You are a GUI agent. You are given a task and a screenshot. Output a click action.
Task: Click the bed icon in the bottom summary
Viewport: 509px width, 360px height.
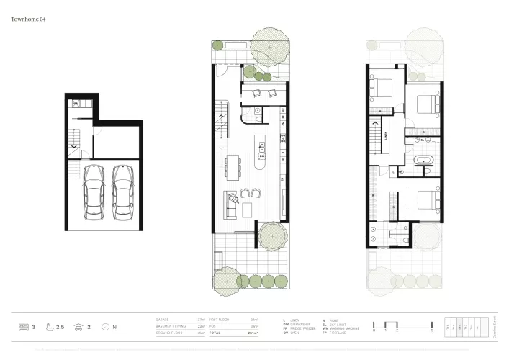22,328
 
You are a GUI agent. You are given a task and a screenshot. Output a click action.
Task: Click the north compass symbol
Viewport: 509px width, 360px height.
107,328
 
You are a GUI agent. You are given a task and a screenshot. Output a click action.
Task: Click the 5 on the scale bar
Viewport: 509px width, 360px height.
431,330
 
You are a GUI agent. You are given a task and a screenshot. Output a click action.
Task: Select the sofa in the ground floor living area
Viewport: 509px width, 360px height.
230,206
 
